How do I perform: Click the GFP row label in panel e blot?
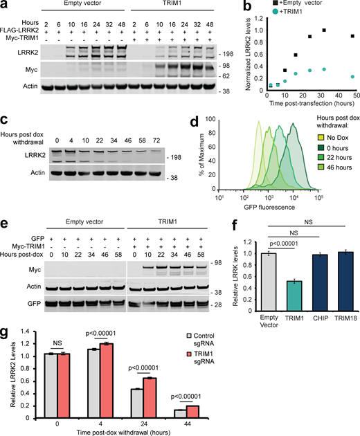[28, 323]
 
